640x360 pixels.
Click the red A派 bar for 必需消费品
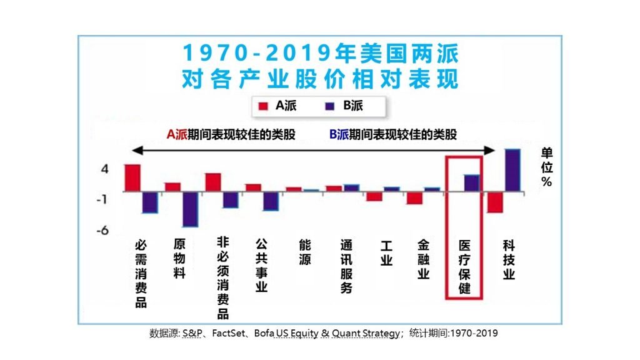pyautogui.click(x=132, y=177)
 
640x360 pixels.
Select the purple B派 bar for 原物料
pyautogui.click(x=189, y=209)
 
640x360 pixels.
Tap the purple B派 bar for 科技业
pyautogui.click(x=512, y=170)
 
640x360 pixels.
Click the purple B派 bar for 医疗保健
pyautogui.click(x=472, y=182)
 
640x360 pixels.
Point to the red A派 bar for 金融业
pyautogui.click(x=414, y=197)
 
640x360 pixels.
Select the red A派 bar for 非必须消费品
pyautogui.click(x=213, y=182)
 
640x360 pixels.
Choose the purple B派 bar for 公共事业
pyautogui.click(x=270, y=201)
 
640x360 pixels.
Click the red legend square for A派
pyautogui.click(x=262, y=106)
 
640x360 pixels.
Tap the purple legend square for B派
pyautogui.click(x=330, y=106)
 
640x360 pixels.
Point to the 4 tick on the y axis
pyautogui.click(x=105, y=169)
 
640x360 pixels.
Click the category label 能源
pyautogui.click(x=305, y=252)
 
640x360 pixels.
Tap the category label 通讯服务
pyautogui.click(x=346, y=266)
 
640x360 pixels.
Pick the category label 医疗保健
pyautogui.click(x=464, y=267)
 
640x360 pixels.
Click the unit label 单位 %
pyautogui.click(x=547, y=167)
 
